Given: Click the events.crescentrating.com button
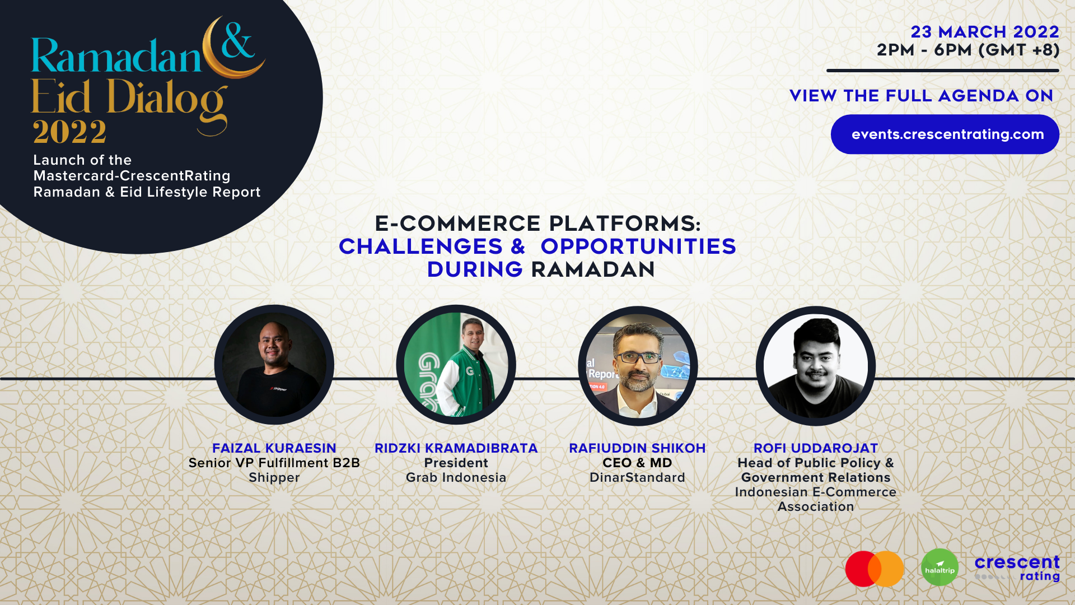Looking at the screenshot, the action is click(945, 134).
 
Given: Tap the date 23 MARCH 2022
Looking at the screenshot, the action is click(985, 32).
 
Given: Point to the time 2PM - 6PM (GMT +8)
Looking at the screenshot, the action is click(968, 50).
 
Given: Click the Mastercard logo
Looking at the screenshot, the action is click(875, 569).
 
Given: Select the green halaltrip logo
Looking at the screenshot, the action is click(940, 567).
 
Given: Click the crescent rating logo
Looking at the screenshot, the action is click(1017, 568).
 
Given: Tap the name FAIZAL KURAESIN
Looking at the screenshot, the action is click(274, 448).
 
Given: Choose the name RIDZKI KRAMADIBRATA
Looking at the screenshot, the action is click(456, 448).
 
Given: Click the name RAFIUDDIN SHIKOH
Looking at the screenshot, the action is click(637, 448).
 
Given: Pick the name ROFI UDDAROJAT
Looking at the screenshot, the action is click(816, 448).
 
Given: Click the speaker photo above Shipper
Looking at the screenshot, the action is click(274, 365).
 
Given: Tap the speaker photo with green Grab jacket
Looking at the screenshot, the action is click(456, 365).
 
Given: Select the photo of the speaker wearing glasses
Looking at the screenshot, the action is click(638, 366).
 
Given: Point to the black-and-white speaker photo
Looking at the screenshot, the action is click(816, 366).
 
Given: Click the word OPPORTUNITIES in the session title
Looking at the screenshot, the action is click(638, 246).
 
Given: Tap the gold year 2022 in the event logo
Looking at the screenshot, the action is click(69, 132).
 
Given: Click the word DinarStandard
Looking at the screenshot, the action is click(637, 477).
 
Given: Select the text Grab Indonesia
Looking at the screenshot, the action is click(456, 477).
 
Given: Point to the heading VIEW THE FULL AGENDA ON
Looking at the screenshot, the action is click(922, 96).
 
